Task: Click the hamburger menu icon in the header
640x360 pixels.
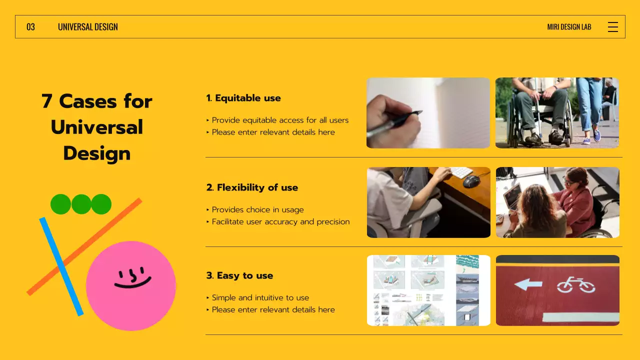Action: click(613, 27)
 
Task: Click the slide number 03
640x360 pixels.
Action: click(30, 27)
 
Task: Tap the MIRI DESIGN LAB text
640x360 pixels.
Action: click(569, 27)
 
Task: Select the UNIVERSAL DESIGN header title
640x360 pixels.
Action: click(87, 27)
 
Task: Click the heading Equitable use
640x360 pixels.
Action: click(243, 98)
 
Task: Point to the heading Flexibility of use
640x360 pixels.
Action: click(252, 187)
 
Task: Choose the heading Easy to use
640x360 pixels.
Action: click(239, 275)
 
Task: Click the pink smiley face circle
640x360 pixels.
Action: click(131, 285)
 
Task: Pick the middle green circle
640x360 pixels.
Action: click(81, 204)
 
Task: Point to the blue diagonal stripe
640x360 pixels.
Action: click(61, 266)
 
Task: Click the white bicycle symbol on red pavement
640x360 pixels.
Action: click(576, 284)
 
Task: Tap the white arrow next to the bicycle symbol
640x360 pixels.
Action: click(528, 284)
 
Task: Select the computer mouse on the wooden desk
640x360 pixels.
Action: click(471, 181)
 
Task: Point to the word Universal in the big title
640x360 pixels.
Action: click(97, 127)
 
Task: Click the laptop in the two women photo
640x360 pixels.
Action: click(512, 197)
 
